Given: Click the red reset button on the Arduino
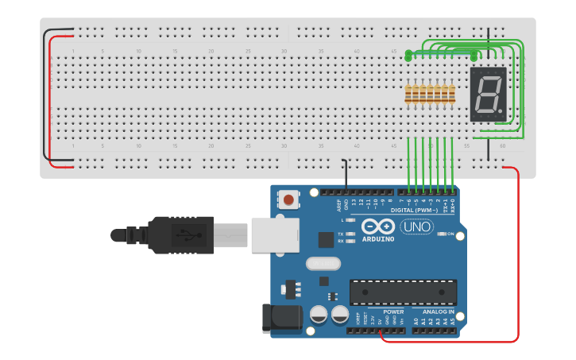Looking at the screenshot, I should tap(288, 199).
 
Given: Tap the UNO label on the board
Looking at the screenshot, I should tap(416, 226).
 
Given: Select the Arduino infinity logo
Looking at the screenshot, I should tap(378, 226).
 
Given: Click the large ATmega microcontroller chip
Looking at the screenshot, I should tap(403, 292).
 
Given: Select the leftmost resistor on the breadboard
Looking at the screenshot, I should tap(408, 95).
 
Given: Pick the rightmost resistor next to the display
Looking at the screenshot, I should tap(452, 95).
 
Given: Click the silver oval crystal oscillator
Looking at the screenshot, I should tap(322, 263).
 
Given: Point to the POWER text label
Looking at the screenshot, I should tap(393, 312).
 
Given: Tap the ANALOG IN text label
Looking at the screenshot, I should tap(438, 312).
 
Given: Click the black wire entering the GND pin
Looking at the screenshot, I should tap(346, 175).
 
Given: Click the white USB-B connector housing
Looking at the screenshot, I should tap(275, 234).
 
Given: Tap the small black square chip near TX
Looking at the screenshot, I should tap(326, 239).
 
